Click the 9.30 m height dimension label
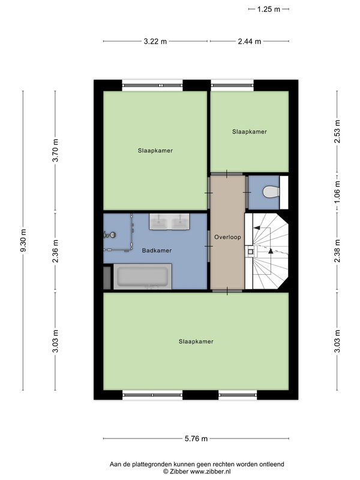[x=23, y=241]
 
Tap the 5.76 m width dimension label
[x=196, y=439]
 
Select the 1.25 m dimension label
[x=268, y=9]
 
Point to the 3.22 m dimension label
[x=155, y=41]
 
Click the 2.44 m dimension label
[x=250, y=41]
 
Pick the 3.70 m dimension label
[x=55, y=151]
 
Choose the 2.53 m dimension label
[x=337, y=131]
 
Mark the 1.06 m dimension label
[x=337, y=192]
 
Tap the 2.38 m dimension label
[x=337, y=251]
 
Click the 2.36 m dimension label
[x=55, y=251]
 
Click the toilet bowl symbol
[x=271, y=192]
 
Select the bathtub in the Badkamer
[x=143, y=277]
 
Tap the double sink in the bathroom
[x=169, y=221]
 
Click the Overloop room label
[x=227, y=237]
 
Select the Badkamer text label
[x=157, y=250]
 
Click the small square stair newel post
[x=250, y=251]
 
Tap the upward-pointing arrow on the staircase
[x=271, y=251]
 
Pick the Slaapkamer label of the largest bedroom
[x=196, y=341]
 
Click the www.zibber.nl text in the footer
[x=211, y=472]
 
